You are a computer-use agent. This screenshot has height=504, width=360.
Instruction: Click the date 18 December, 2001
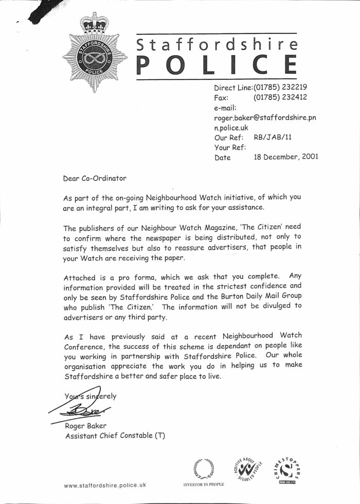pyautogui.click(x=285, y=157)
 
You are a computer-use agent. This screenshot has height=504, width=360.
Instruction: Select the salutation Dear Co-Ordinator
pyautogui.click(x=94, y=178)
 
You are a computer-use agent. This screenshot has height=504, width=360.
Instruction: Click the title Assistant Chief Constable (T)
pyautogui.click(x=115, y=436)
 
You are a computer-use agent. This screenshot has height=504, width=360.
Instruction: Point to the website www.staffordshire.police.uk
pyautogui.click(x=105, y=485)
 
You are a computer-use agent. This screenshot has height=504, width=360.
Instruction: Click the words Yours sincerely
pyautogui.click(x=91, y=396)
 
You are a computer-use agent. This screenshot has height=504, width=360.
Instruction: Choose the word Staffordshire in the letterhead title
pyautogui.click(x=217, y=45)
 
